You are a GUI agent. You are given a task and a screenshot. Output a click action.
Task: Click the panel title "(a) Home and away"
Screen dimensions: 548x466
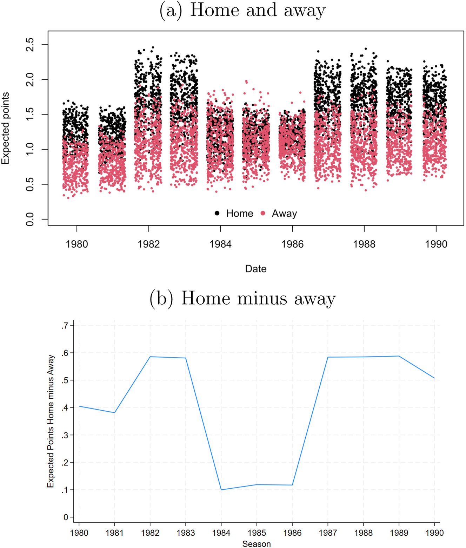click(x=242, y=10)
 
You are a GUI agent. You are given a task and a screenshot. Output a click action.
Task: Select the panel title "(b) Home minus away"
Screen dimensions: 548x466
click(x=242, y=299)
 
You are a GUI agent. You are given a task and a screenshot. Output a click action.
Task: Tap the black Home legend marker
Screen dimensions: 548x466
click(x=217, y=213)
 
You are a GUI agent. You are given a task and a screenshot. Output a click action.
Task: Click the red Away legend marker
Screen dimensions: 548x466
click(x=263, y=213)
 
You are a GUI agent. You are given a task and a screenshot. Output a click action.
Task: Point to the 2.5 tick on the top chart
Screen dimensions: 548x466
click(x=30, y=45)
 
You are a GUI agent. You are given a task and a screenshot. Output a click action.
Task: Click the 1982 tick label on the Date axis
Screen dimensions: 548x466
click(x=149, y=244)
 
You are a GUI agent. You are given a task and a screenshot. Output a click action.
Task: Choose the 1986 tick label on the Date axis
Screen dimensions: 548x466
click(x=292, y=244)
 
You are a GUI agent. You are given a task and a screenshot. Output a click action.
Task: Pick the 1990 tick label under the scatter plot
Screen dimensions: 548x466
click(x=436, y=244)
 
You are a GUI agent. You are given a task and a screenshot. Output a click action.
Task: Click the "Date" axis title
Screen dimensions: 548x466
click(x=256, y=269)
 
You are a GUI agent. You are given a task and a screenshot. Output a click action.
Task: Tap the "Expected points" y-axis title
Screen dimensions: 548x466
click(x=5, y=128)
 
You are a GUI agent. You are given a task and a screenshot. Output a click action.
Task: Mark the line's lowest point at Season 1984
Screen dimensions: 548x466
click(x=221, y=490)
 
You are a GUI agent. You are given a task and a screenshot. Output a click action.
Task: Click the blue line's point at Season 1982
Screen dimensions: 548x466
click(x=150, y=357)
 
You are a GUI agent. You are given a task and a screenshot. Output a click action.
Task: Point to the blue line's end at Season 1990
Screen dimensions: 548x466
click(x=434, y=378)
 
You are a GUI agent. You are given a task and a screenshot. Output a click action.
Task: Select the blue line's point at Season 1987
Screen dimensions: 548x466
click(x=328, y=357)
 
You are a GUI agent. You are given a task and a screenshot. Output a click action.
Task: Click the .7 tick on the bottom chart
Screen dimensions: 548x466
click(x=65, y=326)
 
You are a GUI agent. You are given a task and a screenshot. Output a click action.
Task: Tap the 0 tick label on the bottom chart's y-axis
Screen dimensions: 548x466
click(x=66, y=517)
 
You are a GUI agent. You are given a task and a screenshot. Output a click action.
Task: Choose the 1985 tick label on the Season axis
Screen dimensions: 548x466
click(x=257, y=533)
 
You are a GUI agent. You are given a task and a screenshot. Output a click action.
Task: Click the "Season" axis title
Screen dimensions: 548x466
click(x=257, y=544)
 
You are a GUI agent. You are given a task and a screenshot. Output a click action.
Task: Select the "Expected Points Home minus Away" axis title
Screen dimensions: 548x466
click(x=51, y=421)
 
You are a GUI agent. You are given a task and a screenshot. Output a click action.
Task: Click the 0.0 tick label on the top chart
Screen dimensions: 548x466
click(x=30, y=219)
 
